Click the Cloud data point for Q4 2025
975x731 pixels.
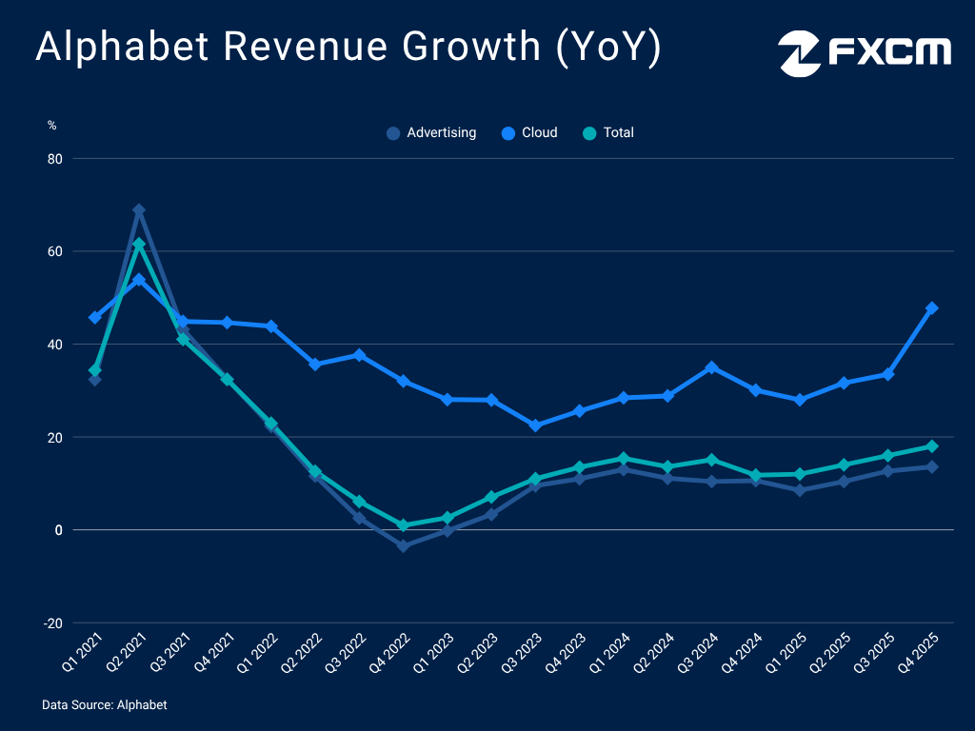click(x=931, y=308)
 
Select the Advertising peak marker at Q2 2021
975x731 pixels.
click(x=139, y=210)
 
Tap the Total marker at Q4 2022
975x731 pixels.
click(x=403, y=525)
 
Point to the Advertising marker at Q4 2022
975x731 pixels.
click(x=403, y=545)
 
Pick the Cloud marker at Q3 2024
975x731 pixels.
click(x=711, y=367)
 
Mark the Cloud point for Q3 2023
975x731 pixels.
click(x=535, y=425)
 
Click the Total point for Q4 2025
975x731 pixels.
click(x=931, y=446)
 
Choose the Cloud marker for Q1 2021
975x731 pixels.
click(x=95, y=317)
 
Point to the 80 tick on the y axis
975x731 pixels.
click(x=54, y=159)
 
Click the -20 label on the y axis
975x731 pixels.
click(x=52, y=623)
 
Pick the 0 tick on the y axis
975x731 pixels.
click(x=58, y=530)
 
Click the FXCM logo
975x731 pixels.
click(x=865, y=53)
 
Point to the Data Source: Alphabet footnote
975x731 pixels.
click(x=105, y=705)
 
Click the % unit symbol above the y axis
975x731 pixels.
click(x=52, y=125)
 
